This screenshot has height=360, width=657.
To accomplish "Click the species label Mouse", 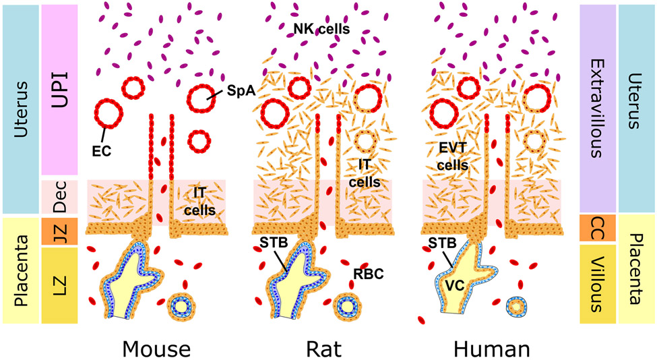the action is (156, 349).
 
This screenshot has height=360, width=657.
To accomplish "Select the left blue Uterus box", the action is (20, 108).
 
